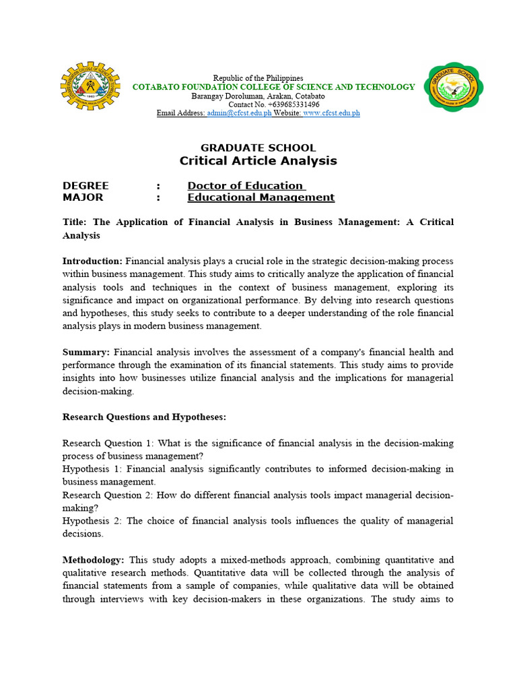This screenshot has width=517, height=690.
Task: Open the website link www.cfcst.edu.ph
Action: point(331,113)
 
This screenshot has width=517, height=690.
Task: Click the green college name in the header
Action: point(273,87)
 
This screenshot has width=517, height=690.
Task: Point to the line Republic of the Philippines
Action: point(258,78)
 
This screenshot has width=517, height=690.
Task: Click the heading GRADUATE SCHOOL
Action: point(258,148)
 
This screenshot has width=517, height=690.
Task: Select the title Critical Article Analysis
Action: point(258,161)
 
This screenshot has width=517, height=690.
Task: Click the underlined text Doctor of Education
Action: point(246,185)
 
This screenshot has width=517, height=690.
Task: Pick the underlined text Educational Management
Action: point(261,197)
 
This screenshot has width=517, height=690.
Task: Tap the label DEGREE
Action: point(85,185)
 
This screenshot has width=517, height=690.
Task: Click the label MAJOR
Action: point(83,197)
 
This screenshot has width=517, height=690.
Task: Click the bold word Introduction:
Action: point(92,261)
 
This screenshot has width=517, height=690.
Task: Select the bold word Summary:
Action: point(86,352)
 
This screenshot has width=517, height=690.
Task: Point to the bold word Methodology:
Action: point(93,560)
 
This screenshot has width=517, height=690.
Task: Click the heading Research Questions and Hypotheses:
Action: point(144,417)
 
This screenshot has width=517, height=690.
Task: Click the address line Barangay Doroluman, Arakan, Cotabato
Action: point(258,96)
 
